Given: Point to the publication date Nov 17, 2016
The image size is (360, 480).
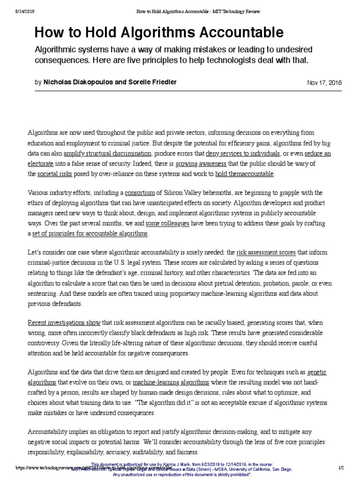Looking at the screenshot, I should [x=324, y=82].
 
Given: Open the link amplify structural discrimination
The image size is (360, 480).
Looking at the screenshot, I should [x=107, y=154].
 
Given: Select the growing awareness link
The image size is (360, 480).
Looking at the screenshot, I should [x=201, y=164].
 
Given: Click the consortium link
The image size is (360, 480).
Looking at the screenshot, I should [x=140, y=193].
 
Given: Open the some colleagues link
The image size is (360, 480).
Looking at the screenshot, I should [x=167, y=224].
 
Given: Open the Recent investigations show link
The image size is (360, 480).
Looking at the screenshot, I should [x=64, y=323].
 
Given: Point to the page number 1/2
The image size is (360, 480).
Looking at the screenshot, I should [x=340, y=468].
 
